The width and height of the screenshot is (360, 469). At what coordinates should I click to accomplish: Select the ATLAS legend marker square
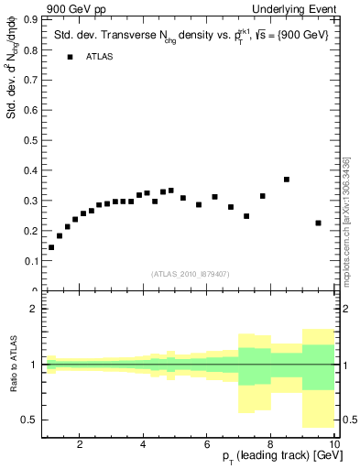tap(70, 57)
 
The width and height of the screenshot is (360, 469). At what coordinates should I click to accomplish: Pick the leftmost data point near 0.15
tap(51, 247)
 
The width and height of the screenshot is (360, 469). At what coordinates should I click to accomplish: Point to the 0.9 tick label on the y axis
tap(30, 18)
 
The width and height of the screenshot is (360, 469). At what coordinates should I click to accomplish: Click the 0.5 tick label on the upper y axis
tap(30, 139)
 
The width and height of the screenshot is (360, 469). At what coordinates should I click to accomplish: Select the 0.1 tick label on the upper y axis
tap(30, 261)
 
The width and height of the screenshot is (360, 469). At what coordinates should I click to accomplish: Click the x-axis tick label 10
tap(334, 444)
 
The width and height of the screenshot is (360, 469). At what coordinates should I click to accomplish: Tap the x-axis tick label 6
tap(207, 444)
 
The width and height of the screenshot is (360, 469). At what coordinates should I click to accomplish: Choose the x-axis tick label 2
tap(80, 444)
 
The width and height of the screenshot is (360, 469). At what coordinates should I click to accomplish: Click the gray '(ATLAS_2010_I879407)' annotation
tap(190, 274)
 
